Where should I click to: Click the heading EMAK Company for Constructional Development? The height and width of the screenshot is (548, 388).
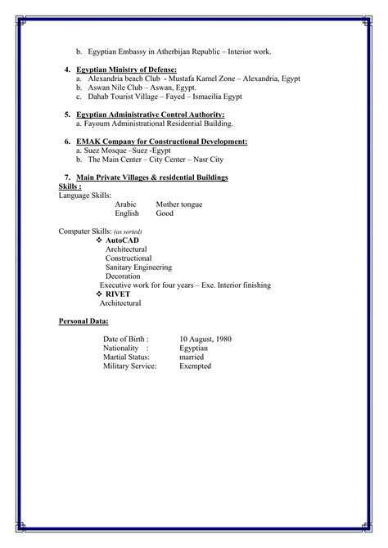(x=161, y=142)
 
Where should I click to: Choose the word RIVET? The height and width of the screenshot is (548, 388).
(x=118, y=294)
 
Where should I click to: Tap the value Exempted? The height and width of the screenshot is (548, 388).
(x=195, y=366)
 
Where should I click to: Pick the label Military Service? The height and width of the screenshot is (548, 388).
(x=131, y=366)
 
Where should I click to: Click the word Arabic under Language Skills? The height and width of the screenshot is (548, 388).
(x=126, y=204)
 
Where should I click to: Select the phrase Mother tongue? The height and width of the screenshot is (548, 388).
(x=178, y=204)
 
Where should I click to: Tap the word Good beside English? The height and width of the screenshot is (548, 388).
(x=165, y=213)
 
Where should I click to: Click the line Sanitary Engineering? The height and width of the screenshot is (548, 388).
(x=138, y=267)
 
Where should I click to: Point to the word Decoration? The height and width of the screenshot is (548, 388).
(x=123, y=276)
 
